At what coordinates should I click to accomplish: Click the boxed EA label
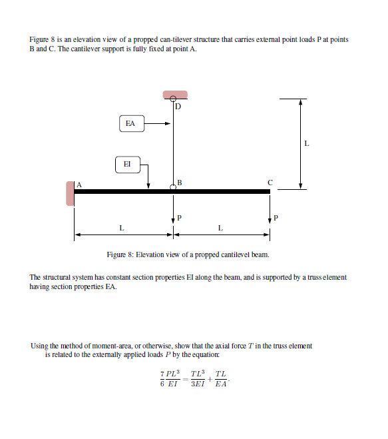coord(130,123)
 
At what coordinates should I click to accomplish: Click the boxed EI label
coord(127,163)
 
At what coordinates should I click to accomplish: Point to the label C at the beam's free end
coord(270,181)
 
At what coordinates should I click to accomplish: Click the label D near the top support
coord(178,106)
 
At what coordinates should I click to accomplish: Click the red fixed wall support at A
coord(70,192)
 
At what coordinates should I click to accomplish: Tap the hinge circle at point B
coord(173,188)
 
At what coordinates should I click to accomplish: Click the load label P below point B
coord(179,217)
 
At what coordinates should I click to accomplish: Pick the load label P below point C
coord(276,217)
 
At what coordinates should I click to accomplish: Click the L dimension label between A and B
coord(121,228)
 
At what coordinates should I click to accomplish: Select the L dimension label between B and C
coord(220,228)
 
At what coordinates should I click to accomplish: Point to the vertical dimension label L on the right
coord(306,143)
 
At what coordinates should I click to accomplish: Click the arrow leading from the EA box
coord(158,123)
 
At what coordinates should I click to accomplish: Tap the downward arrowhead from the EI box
coord(148,185)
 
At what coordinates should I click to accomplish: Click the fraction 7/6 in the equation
coord(164,380)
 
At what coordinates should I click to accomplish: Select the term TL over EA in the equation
coord(220,380)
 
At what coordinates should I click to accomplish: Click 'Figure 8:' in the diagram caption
coord(120,255)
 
